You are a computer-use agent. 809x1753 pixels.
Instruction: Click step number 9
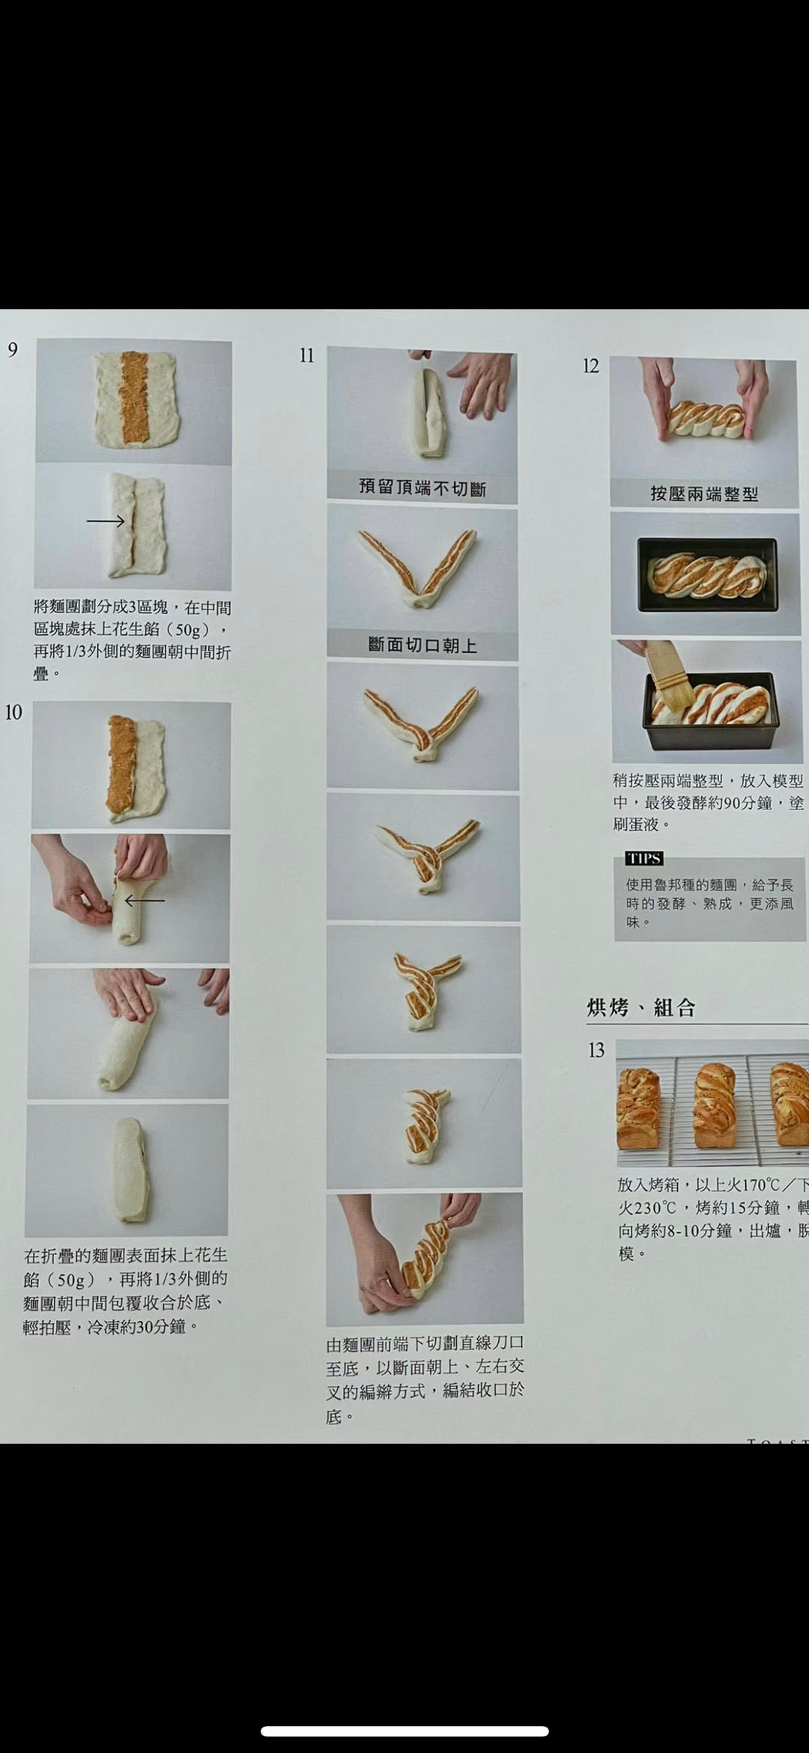tap(13, 350)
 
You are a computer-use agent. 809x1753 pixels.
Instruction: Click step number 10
tap(13, 712)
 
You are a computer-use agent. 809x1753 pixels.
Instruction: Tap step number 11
tap(306, 356)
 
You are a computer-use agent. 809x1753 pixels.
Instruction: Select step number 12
tap(591, 366)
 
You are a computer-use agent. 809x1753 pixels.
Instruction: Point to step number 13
tap(596, 1051)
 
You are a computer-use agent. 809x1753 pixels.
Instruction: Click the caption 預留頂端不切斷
tap(422, 488)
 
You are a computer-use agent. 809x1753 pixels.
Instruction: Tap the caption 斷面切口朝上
tap(422, 645)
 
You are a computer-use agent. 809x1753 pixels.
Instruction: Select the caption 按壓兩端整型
tap(704, 494)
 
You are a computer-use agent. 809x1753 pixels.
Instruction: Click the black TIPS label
tap(644, 858)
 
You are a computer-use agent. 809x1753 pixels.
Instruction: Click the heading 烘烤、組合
tap(641, 1008)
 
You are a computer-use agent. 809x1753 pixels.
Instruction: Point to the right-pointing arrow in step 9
tap(106, 521)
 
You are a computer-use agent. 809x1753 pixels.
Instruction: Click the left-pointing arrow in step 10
tap(145, 900)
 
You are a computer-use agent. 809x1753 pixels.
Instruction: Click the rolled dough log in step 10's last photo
tap(127, 1170)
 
